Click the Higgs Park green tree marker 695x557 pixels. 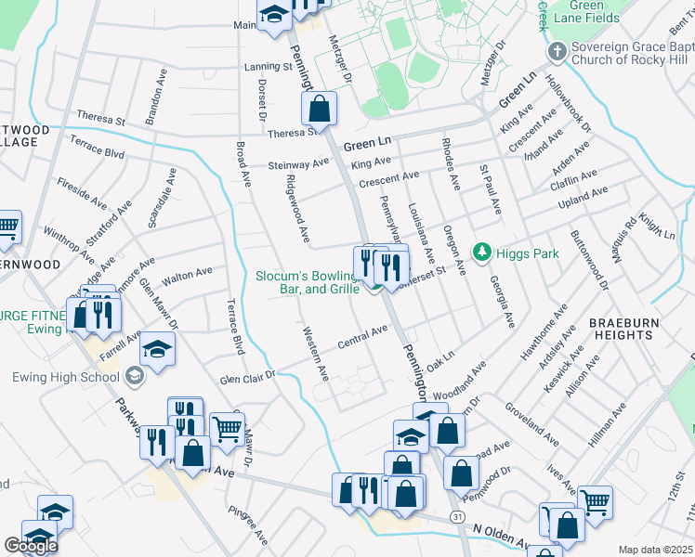click(481, 252)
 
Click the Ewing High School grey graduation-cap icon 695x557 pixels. click(135, 375)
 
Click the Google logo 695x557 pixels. click(31, 546)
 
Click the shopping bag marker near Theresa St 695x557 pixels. click(319, 109)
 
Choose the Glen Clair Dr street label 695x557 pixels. click(249, 375)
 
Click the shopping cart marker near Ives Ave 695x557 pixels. click(595, 502)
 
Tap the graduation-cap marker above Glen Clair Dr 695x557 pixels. click(158, 350)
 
